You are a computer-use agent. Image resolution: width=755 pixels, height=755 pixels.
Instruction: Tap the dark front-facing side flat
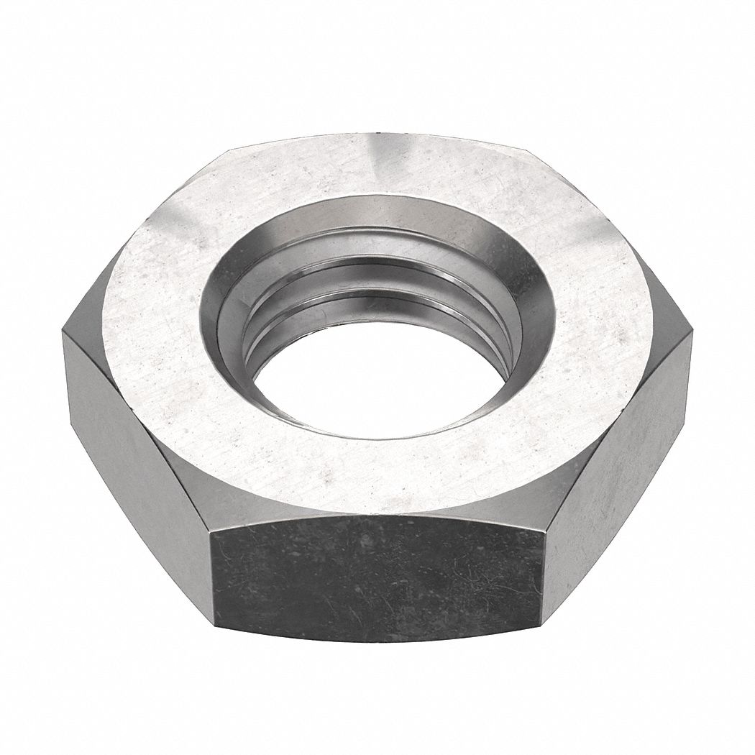377,575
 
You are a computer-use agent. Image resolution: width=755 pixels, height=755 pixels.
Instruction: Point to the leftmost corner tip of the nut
63,331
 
